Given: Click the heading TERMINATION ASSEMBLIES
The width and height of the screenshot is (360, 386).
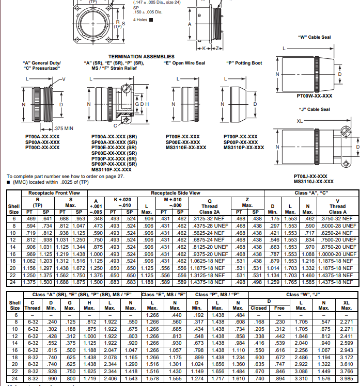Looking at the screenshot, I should coord(141,57).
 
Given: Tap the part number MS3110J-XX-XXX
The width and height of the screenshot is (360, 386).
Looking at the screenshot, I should coord(314,181).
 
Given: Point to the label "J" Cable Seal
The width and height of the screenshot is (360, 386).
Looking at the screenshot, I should coord(314,109).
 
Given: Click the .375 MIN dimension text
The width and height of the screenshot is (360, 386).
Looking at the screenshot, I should coord(64,128).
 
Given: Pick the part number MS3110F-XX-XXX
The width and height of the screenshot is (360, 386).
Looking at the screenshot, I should coord(111,169).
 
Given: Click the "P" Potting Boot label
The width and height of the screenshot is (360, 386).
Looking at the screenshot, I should coord(244,63).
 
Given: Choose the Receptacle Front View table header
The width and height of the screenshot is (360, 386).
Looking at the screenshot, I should coord(54,193).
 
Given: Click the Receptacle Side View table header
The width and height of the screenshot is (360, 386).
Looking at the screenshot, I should coord(175,193).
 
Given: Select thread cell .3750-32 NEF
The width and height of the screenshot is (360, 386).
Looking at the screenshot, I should coord(337,218).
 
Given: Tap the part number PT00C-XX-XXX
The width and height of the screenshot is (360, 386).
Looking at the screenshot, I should coord(42,147).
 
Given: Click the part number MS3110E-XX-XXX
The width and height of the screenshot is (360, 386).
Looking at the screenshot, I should coord(186,148).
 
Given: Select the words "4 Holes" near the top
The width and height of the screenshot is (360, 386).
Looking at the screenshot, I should coord(140,20).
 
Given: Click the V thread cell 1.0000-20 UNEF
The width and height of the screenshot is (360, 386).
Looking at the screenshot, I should coord(337,253).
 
